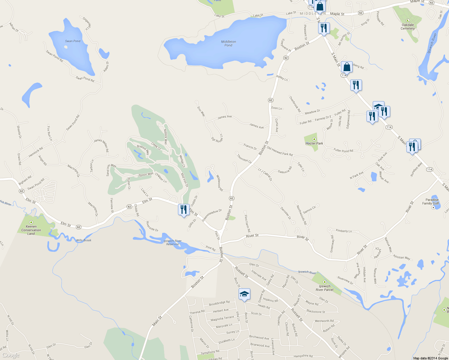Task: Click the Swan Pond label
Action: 73,41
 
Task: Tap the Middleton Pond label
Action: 228,43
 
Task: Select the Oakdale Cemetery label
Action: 408,27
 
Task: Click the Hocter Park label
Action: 314,143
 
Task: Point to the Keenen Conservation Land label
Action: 31,230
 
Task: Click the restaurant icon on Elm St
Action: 183,209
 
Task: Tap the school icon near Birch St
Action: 244,294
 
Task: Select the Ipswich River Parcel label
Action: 324,288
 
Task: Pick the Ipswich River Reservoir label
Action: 173,242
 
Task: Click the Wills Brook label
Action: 83,240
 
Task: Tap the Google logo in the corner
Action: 11,355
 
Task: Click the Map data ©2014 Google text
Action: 430,358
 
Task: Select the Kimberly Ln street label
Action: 344,231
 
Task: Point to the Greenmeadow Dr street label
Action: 212,215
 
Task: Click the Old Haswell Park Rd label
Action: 280,151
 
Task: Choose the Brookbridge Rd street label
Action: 219,303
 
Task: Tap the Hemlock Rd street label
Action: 36,152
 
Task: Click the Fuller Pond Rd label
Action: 343,150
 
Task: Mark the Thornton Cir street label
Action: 244,158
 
